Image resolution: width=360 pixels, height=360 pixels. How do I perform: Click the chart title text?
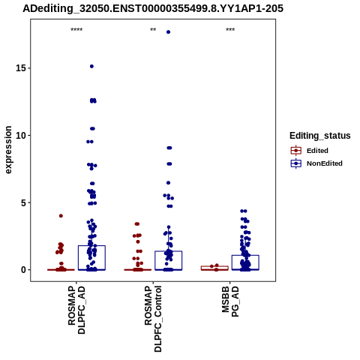153,8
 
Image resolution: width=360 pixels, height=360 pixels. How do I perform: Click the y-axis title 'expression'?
8,150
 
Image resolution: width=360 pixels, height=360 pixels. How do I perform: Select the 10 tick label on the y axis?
21,135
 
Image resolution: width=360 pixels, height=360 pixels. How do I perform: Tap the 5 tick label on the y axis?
24,202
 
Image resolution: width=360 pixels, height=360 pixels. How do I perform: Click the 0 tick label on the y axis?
24,270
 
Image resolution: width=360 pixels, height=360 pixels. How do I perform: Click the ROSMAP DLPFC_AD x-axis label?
76,310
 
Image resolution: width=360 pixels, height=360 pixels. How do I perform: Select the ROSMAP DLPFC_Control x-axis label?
153,319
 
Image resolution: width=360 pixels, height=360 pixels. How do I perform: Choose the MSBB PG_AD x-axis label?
230,301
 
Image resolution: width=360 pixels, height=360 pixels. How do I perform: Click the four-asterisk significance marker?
76,30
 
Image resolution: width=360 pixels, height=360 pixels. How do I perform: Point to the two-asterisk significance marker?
153,30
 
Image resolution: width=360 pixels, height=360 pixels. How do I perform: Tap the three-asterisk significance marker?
230,30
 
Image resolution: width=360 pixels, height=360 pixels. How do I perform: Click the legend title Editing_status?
320,136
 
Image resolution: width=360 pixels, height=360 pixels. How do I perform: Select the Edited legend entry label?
317,151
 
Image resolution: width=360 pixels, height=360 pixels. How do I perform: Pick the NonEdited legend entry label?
325,163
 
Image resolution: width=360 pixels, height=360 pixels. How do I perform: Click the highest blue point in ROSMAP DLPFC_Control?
168,32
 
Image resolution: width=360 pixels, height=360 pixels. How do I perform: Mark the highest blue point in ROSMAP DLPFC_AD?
91,66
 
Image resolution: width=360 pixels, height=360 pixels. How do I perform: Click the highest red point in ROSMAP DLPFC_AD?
61,216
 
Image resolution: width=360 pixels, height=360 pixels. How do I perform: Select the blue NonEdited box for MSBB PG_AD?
245,256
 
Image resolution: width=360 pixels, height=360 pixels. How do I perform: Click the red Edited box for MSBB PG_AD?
214,266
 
